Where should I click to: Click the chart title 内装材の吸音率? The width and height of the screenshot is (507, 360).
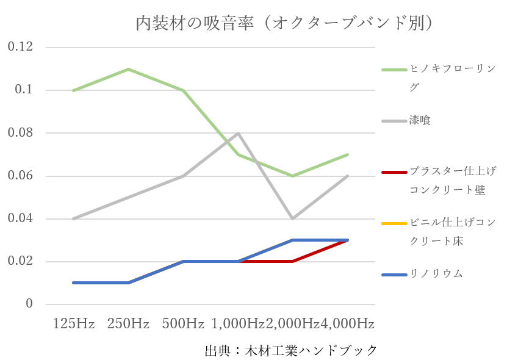click(284, 23)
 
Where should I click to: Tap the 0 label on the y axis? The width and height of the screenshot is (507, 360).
click(29, 304)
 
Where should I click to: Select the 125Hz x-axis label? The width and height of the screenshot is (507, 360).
click(74, 323)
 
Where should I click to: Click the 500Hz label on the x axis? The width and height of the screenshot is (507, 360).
click(183, 323)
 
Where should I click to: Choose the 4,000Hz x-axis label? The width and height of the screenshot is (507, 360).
click(348, 323)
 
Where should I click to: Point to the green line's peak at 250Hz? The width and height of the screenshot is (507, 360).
click(128, 69)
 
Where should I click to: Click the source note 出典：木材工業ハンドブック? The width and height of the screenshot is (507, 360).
click(290, 351)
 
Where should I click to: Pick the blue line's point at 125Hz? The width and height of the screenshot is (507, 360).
click(73, 283)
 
